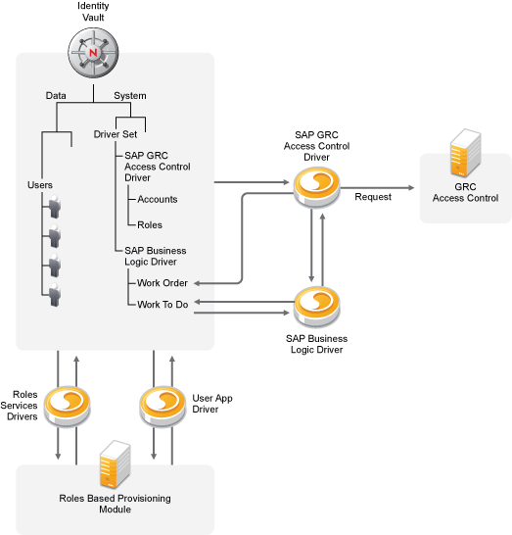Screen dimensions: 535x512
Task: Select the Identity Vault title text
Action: coord(93,13)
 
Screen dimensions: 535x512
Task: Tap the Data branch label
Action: coord(57,95)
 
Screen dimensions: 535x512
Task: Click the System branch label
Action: coord(129,95)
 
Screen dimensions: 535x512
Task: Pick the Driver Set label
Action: coord(115,134)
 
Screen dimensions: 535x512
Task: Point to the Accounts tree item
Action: coord(157,199)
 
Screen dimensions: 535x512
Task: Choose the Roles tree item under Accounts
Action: coord(150,224)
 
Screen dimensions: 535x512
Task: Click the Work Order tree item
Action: coord(163,283)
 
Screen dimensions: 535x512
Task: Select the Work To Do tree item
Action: coord(163,304)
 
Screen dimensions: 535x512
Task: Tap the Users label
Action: coord(40,184)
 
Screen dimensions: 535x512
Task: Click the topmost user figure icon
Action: coord(57,205)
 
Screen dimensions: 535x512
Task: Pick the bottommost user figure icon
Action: coord(57,295)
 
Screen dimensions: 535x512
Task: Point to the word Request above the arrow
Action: coord(373,196)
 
